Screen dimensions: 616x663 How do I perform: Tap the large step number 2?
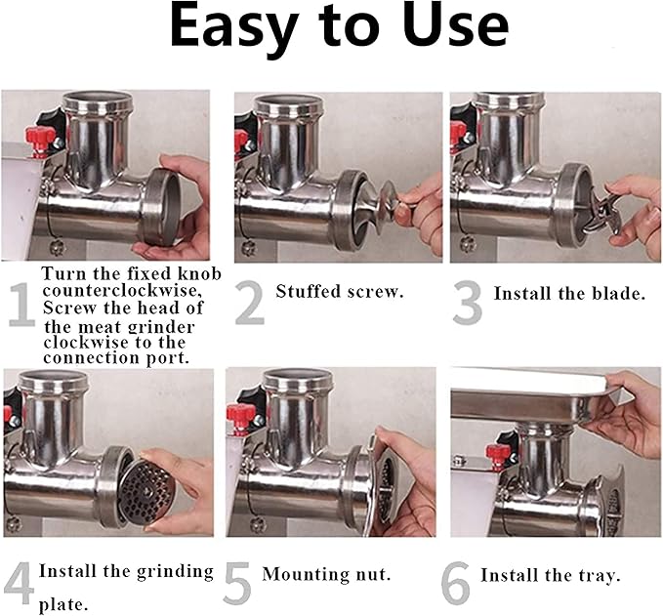[250, 304]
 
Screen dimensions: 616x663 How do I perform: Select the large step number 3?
[468, 304]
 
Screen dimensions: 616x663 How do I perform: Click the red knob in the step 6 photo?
[501, 455]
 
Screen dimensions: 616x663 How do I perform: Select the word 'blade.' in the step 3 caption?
[617, 292]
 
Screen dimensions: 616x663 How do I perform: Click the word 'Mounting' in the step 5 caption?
[299, 574]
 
